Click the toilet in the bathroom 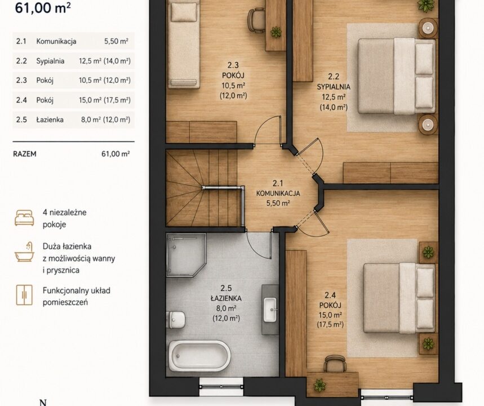pos(176,320)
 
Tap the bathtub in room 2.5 pos(199,356)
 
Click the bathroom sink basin pos(270,310)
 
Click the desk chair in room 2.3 pos(256,20)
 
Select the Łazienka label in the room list pos(50,120)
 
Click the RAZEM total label pos(25,154)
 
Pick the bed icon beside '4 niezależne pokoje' pos(24,218)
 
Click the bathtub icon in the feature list pos(24,252)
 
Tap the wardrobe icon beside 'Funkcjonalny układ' pos(24,295)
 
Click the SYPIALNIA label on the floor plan pos(334,87)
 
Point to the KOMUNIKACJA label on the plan pos(278,193)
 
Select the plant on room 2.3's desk pos(276,32)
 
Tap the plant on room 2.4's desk pos(320,385)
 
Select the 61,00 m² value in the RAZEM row pos(116,154)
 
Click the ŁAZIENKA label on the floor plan pos(226,298)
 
